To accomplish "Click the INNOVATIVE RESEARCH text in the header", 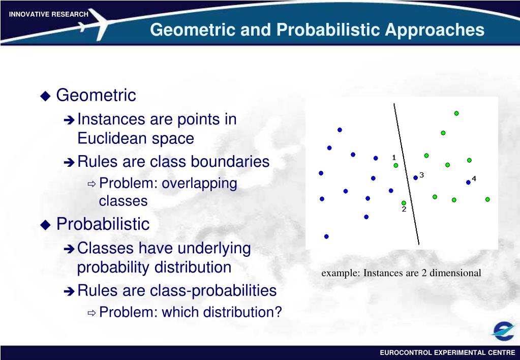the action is [x=48, y=14].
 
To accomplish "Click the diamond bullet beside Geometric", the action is [x=45, y=96].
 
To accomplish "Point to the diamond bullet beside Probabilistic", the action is [x=45, y=225].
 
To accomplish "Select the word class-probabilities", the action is [x=213, y=291].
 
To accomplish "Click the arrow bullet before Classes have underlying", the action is [x=69, y=249].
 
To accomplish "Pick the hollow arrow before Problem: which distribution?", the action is [x=91, y=313].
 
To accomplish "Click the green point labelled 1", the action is [x=395, y=165].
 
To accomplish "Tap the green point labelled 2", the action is [x=404, y=203].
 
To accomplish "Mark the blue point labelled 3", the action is [x=415, y=178].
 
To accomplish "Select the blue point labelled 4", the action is [x=468, y=182].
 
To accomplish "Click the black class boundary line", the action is [x=407, y=174].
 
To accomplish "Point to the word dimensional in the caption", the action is [x=455, y=273].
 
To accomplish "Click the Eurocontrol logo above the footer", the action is [x=502, y=331].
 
